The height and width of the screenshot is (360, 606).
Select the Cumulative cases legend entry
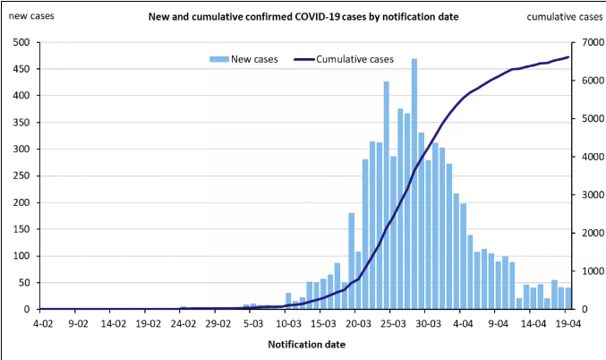(354, 59)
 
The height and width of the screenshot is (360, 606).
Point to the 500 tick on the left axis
(21, 43)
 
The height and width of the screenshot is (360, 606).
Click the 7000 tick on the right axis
(585, 43)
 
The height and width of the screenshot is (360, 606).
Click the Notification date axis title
(306, 343)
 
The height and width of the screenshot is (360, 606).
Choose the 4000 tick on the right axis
(585, 158)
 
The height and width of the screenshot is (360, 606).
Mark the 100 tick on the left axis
(21, 256)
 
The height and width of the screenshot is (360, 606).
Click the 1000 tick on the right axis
(585, 271)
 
